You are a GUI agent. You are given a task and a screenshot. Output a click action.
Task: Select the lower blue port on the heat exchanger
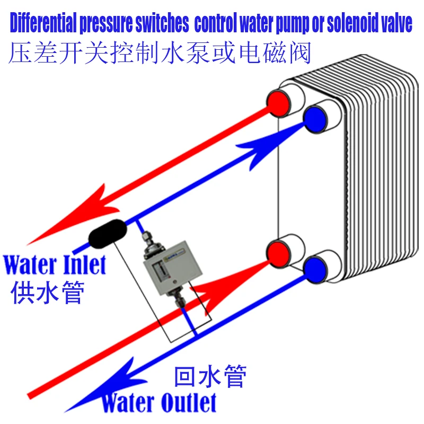[316, 269]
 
